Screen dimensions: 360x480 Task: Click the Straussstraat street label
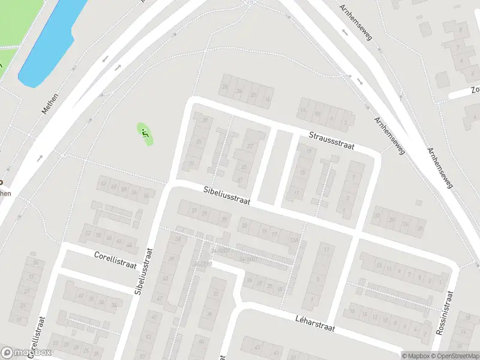tap(332, 142)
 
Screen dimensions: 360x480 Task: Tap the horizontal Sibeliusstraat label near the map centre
tap(226, 196)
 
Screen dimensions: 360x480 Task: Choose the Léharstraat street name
tap(314, 326)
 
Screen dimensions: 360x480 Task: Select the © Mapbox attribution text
tap(415, 356)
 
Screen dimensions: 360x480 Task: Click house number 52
tap(89, 232)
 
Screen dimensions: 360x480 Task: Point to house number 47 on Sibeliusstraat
tap(160, 298)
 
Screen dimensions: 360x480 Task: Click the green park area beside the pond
tap(9, 30)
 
